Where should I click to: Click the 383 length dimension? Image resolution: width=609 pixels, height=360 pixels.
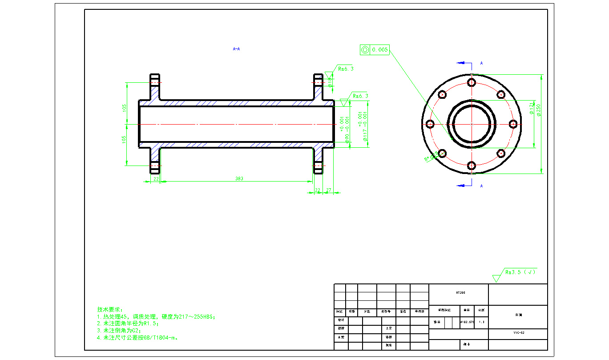click(x=239, y=178)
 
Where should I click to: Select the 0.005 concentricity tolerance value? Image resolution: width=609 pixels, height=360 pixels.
click(x=380, y=50)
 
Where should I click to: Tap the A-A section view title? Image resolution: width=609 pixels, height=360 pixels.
click(x=237, y=49)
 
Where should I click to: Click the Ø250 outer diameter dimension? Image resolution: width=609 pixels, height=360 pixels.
click(x=539, y=110)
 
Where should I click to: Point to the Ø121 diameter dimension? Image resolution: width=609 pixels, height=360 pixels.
click(x=532, y=109)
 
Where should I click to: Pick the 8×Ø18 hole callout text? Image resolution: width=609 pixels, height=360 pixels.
click(x=431, y=156)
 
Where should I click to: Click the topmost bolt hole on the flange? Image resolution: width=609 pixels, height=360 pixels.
click(x=472, y=82)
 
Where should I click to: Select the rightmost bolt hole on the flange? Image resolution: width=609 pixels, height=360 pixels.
click(x=513, y=124)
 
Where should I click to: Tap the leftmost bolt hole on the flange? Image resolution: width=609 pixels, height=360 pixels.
click(x=430, y=124)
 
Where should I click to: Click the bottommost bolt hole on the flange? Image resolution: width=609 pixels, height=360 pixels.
click(x=472, y=166)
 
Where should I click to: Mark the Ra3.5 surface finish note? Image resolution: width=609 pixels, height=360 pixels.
click(x=520, y=272)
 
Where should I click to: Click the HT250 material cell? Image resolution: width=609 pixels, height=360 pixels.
click(x=458, y=293)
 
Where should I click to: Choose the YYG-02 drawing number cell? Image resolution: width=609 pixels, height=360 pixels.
click(x=518, y=332)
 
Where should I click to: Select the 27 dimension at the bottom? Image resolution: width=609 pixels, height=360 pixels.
click(x=329, y=190)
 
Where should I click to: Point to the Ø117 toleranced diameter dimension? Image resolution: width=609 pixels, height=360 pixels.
click(x=365, y=126)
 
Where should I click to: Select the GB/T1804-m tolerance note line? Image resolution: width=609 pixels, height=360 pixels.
click(x=137, y=338)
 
